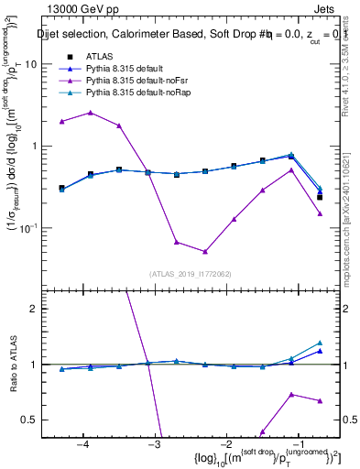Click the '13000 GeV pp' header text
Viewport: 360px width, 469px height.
pyautogui.click(x=84, y=9)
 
